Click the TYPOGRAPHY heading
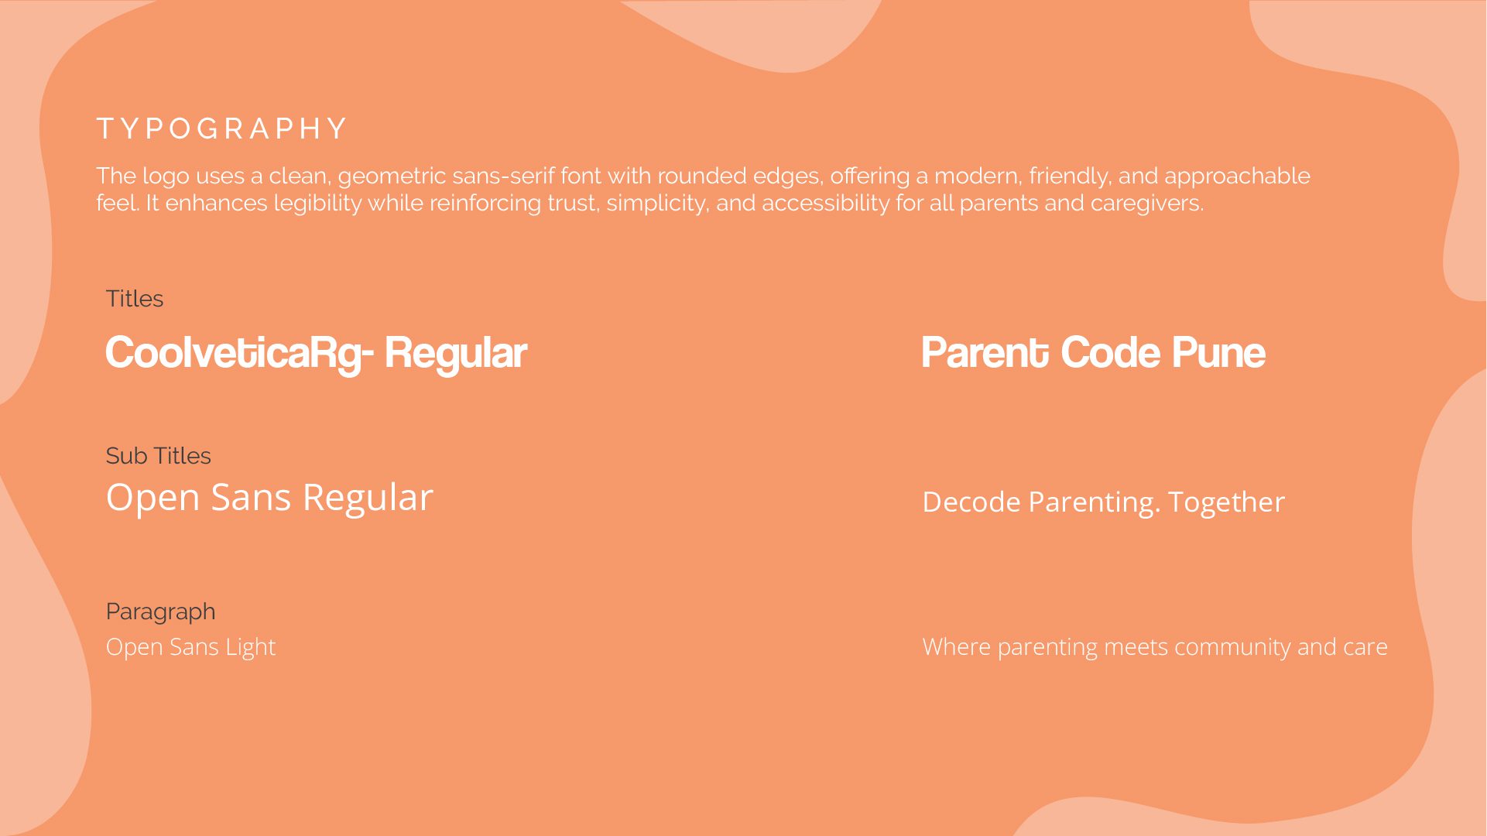coord(221,128)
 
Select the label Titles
coord(135,299)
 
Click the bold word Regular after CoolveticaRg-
coord(455,354)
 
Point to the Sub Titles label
coord(159,456)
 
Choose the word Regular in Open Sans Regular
coord(368,498)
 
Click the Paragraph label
coord(161,612)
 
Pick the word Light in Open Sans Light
coord(250,647)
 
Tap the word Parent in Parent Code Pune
coord(985,354)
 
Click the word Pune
coord(1218,354)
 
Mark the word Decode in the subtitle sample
coord(971,502)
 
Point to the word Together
coord(1226,503)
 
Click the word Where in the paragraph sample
coord(957,647)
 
